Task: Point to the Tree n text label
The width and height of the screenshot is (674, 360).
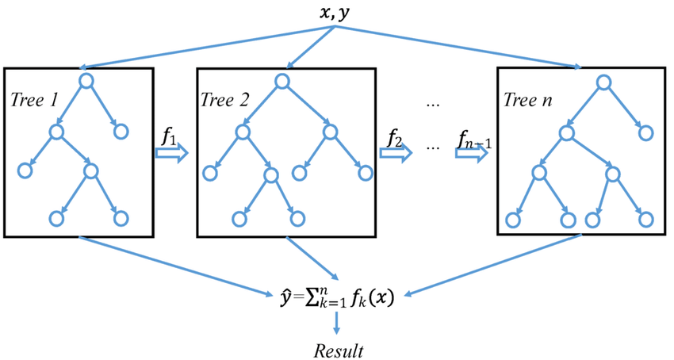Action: pos(528,102)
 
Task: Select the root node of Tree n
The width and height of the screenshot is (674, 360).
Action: pos(603,82)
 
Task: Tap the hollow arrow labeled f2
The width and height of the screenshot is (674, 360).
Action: pos(392,152)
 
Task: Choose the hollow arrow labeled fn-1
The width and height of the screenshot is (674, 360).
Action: pos(470,152)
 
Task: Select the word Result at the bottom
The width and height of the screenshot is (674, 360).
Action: pos(337,349)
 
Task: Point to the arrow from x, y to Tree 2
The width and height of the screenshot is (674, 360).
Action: pos(310,48)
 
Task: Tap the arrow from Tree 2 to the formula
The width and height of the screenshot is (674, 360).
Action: pos(310,265)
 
